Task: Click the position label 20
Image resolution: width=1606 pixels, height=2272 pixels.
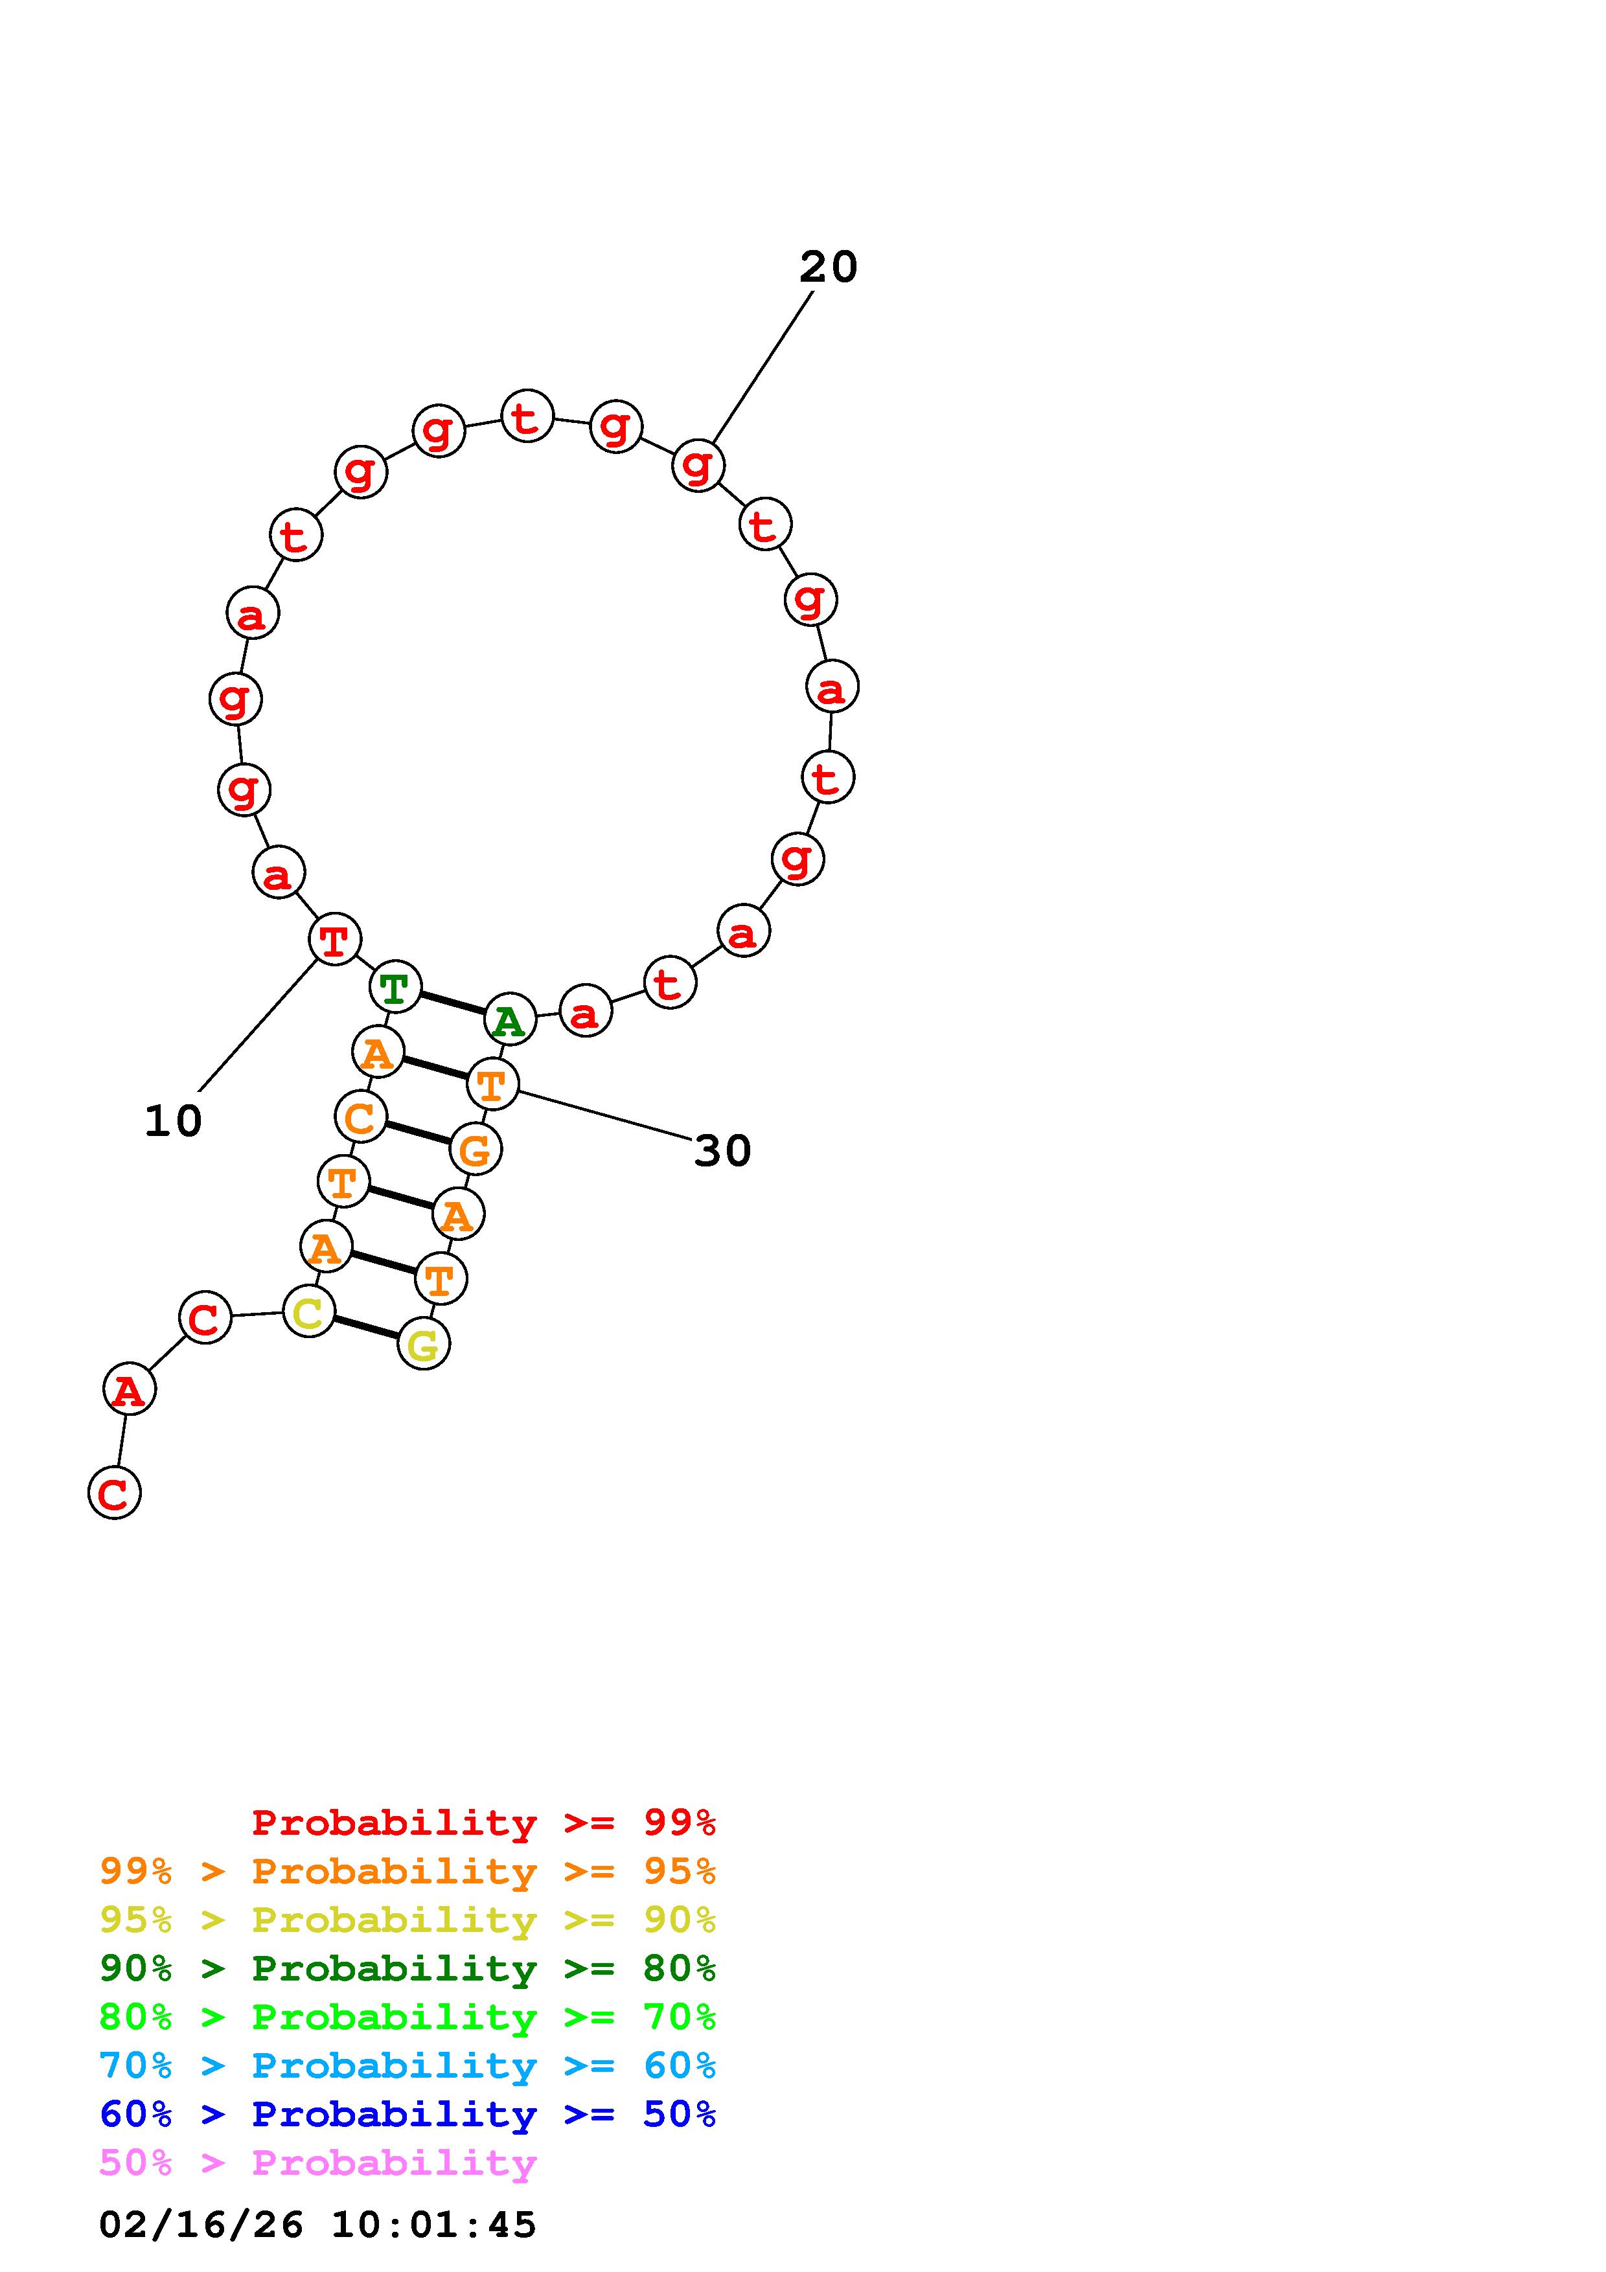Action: point(828,267)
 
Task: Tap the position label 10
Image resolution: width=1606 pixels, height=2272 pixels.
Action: point(173,1121)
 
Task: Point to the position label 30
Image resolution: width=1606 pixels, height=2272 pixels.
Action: point(722,1151)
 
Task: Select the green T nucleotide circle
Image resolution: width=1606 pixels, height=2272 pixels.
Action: point(395,986)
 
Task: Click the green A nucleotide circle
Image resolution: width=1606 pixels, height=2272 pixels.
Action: point(510,1019)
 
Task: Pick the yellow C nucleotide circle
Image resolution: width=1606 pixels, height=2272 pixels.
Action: point(309,1312)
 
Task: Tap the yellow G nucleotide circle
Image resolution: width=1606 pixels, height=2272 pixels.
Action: point(424,1344)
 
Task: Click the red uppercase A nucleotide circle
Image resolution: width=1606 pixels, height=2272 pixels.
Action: point(130,1389)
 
